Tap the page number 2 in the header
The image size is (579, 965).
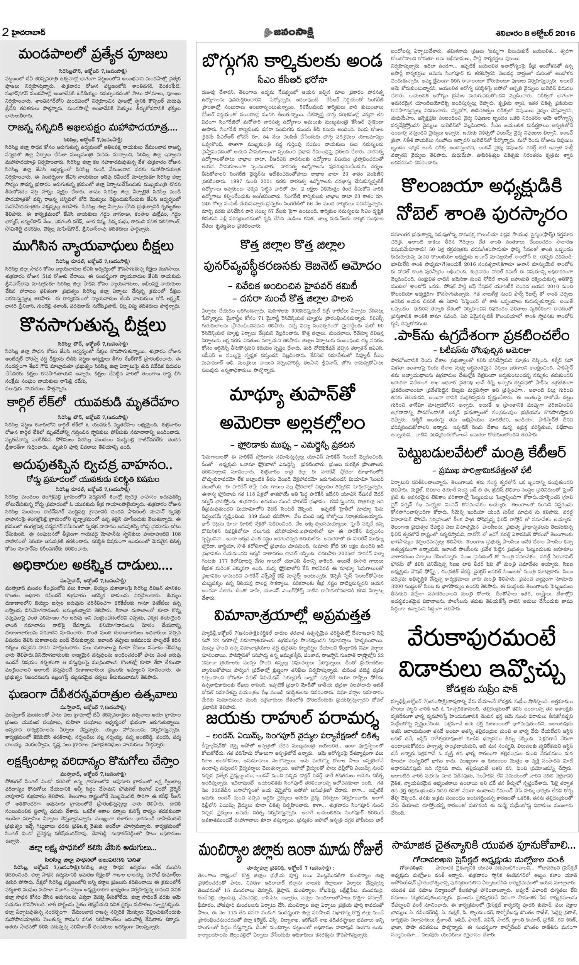pos(5,33)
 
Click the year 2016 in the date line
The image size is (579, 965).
pos(565,34)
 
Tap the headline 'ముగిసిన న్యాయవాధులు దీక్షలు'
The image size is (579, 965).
pos(93,247)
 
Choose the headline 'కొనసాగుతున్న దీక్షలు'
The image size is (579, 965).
pos(93,326)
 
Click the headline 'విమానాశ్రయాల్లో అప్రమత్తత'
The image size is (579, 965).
pos(292,616)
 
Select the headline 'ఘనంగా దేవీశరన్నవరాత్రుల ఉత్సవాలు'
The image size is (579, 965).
pos(93,695)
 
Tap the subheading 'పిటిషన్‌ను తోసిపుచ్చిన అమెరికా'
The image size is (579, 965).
pos(481,350)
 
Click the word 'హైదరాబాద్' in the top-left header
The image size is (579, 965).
pos(29,33)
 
